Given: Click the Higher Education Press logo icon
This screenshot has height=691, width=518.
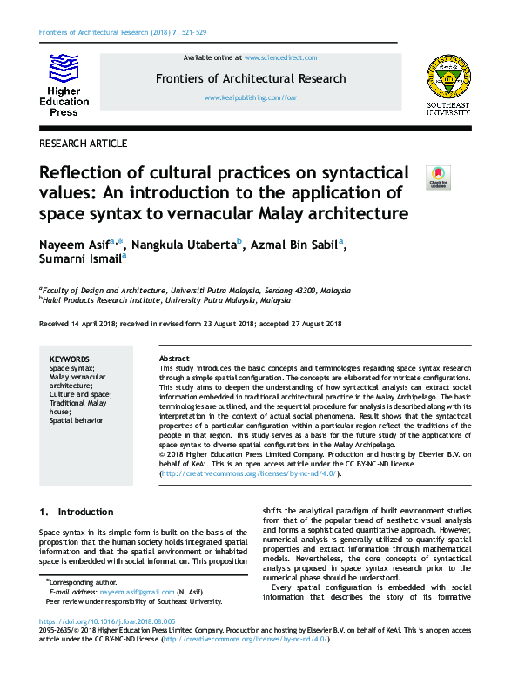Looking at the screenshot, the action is click(63, 67).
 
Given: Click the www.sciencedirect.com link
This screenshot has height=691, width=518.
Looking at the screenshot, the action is click(280, 57).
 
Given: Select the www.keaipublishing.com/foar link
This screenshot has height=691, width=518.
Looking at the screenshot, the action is click(251, 98).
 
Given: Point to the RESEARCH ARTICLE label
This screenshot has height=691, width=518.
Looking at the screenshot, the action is click(84, 144).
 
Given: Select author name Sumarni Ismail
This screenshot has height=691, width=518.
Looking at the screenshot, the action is click(82, 259).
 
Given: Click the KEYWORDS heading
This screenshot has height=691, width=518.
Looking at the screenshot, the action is click(70, 359).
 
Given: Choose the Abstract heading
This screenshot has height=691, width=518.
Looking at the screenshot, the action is click(174, 359).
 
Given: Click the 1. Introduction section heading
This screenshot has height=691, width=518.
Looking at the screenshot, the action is click(77, 512).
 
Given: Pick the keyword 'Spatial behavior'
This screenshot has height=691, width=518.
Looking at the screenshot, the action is click(76, 420).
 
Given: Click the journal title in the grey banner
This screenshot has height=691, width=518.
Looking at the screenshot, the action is click(251, 78).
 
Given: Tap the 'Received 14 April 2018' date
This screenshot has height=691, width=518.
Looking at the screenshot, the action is click(84, 324).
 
